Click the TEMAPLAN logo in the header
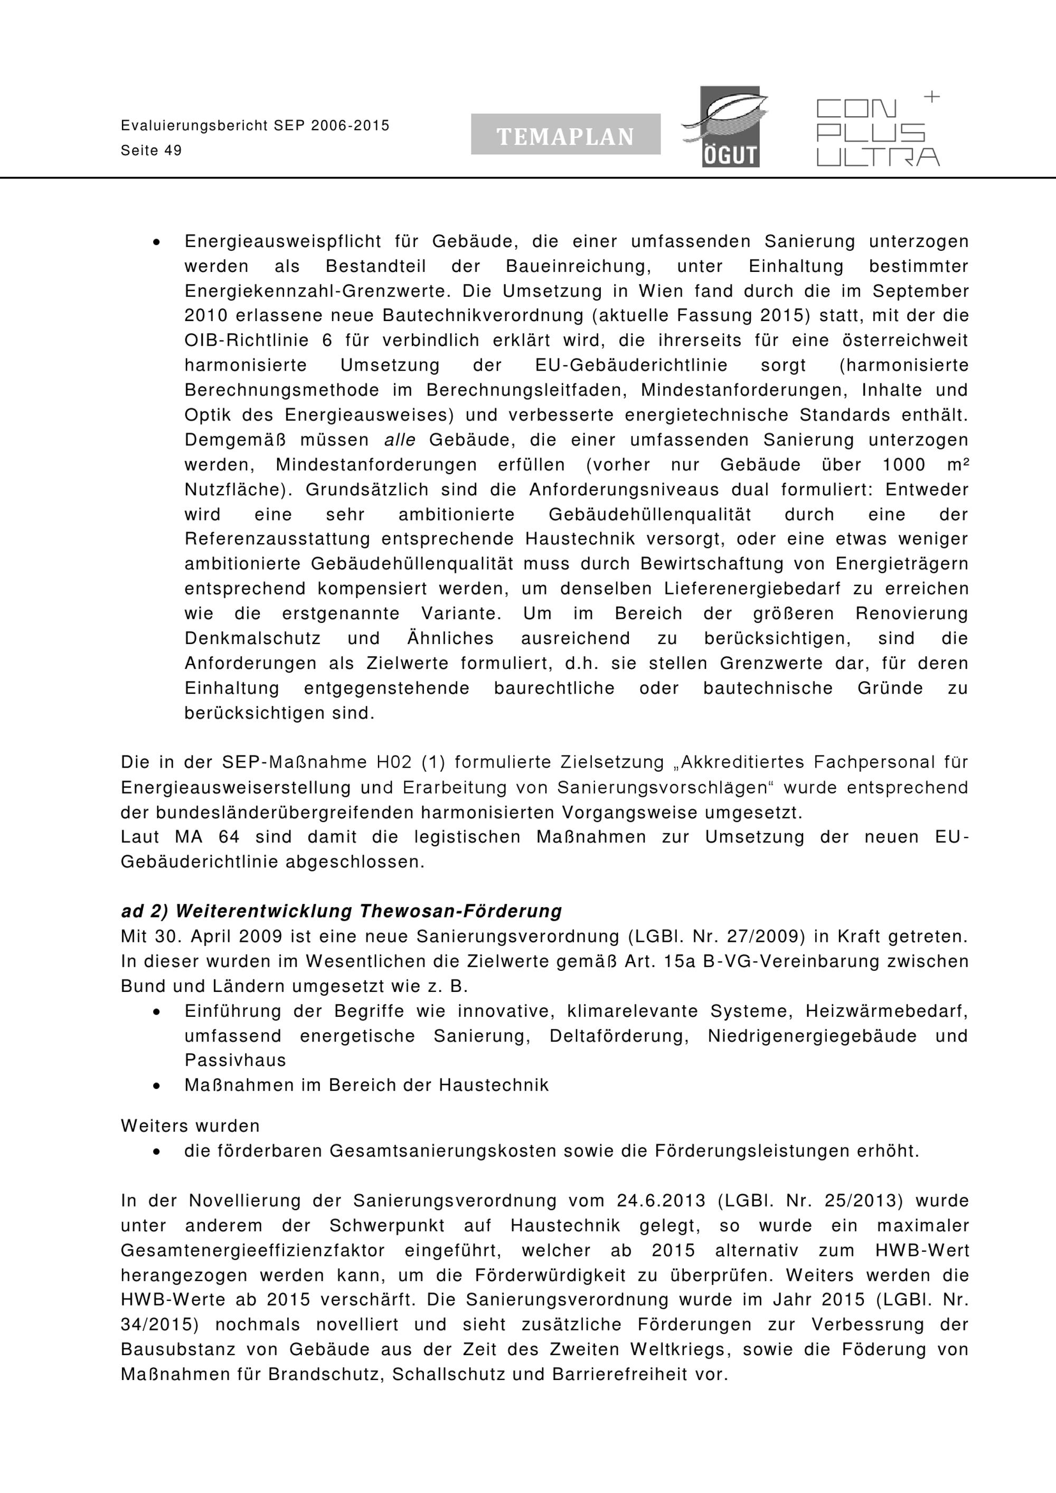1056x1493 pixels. click(565, 135)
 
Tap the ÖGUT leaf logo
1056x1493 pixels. click(727, 127)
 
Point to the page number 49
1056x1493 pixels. click(173, 151)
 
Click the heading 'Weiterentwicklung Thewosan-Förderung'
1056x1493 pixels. click(369, 911)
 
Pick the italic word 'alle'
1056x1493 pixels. click(400, 440)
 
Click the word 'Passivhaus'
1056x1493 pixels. click(235, 1061)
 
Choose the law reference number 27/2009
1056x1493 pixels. click(713, 937)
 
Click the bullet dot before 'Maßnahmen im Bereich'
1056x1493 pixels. click(156, 1086)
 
